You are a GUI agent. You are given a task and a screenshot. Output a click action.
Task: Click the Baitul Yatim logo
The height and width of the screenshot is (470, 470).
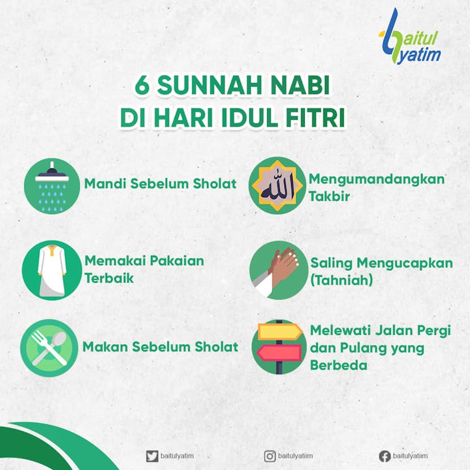[x=410, y=37]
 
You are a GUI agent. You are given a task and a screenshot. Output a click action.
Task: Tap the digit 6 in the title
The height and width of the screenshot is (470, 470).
[x=142, y=86]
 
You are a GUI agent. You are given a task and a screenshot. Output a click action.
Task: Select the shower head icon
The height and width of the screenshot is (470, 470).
[x=52, y=186]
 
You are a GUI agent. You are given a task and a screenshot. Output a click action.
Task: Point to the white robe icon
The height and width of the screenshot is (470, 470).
[x=52, y=270]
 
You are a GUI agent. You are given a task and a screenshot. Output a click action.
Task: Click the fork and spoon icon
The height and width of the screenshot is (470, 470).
[x=50, y=348]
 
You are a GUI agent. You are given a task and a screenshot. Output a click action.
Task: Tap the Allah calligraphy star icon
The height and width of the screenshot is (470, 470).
[x=277, y=185]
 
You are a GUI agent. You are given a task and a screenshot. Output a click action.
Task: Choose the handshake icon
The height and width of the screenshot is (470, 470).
[x=279, y=270]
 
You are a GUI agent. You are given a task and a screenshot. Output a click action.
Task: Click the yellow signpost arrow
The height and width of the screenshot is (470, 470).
[x=280, y=332]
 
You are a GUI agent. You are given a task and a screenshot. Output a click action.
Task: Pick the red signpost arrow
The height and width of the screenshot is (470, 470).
[x=279, y=352]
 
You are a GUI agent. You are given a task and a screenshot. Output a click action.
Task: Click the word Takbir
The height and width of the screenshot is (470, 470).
[x=329, y=196]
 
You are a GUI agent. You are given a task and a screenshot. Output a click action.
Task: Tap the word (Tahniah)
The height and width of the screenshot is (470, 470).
[x=341, y=280]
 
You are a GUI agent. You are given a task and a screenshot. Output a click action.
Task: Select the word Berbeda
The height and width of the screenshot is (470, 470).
[x=338, y=366]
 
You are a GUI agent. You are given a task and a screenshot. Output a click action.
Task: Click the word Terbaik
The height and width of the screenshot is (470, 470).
[x=109, y=278]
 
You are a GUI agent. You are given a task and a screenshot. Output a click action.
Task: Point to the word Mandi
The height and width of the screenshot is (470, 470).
[x=105, y=183]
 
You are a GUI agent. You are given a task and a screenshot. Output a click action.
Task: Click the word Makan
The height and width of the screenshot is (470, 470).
[x=105, y=347]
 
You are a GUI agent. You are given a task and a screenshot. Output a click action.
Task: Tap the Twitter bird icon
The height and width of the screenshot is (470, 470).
[x=152, y=456]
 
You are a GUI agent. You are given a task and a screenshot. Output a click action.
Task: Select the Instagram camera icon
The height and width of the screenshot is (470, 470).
[x=270, y=456]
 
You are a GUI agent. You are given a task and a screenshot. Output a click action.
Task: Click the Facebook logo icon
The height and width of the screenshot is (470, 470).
[x=385, y=456]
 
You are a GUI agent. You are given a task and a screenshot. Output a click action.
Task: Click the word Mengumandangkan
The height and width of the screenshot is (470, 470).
[x=377, y=180]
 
